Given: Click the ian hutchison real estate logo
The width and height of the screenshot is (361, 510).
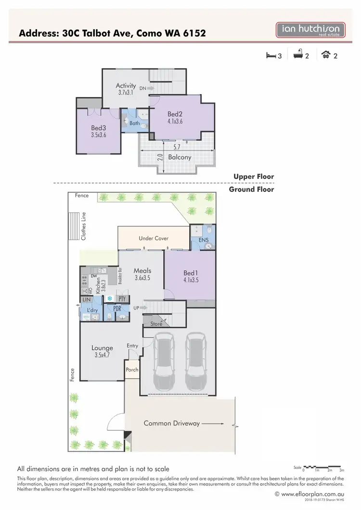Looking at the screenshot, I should coord(310,30).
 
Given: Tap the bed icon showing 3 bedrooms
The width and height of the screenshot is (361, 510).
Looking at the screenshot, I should coord(271,56).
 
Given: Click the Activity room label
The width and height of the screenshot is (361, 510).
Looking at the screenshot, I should coord(126,86).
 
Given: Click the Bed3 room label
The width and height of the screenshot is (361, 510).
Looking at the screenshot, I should coord(98,128).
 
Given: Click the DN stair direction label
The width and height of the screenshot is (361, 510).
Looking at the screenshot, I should coord(143,88).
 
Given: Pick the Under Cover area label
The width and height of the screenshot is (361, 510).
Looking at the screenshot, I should coord(154,238).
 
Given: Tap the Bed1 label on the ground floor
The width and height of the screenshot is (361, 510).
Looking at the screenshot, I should coord(191,273).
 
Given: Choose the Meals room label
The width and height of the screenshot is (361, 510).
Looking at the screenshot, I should coord(142,271).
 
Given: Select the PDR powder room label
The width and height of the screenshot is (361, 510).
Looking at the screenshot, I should coord(117,308).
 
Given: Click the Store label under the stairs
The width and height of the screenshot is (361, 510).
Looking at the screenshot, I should coord(156,324).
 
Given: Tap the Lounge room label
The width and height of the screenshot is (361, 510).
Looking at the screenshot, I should coord(102,348).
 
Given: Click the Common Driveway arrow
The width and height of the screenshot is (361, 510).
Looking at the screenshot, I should coord(212,423).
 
